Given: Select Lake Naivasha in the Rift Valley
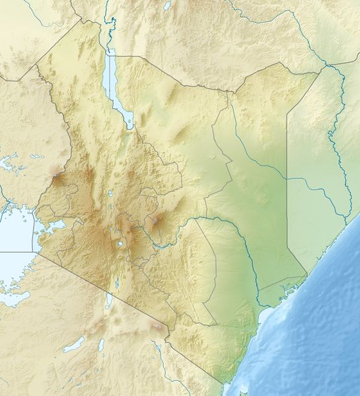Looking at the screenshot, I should pyautogui.click(x=122, y=245).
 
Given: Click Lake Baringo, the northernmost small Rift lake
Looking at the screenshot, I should pyautogui.click(x=110, y=194).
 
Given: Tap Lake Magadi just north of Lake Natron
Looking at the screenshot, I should pyautogui.click(x=117, y=282).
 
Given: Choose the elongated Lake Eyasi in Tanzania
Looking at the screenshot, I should pyautogui.click(x=73, y=345).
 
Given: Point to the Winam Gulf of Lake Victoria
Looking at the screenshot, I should pyautogui.click(x=50, y=228).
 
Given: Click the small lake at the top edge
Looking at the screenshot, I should pyautogui.click(x=167, y=5).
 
